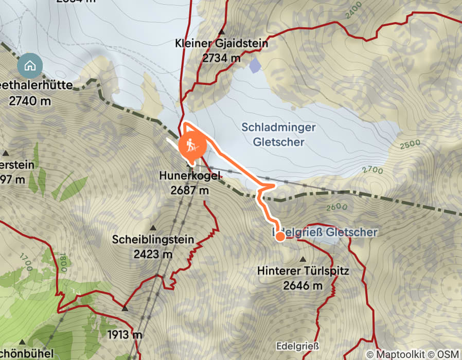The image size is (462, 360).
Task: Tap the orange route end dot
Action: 280,237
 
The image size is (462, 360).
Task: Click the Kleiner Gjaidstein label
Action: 221,44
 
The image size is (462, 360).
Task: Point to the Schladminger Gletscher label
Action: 279,134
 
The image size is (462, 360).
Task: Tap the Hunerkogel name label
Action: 190,176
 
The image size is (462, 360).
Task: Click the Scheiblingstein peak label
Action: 153,239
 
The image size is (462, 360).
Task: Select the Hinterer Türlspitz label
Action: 303,271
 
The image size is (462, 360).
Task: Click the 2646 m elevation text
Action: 303,285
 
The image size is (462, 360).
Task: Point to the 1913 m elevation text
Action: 125,335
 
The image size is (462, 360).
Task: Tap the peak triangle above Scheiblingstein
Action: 153,227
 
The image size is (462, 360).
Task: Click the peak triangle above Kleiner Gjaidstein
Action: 221,32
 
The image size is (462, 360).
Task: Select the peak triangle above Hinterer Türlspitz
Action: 303,259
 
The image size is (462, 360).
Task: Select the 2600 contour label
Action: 337,208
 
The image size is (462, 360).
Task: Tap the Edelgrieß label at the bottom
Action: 297,346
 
